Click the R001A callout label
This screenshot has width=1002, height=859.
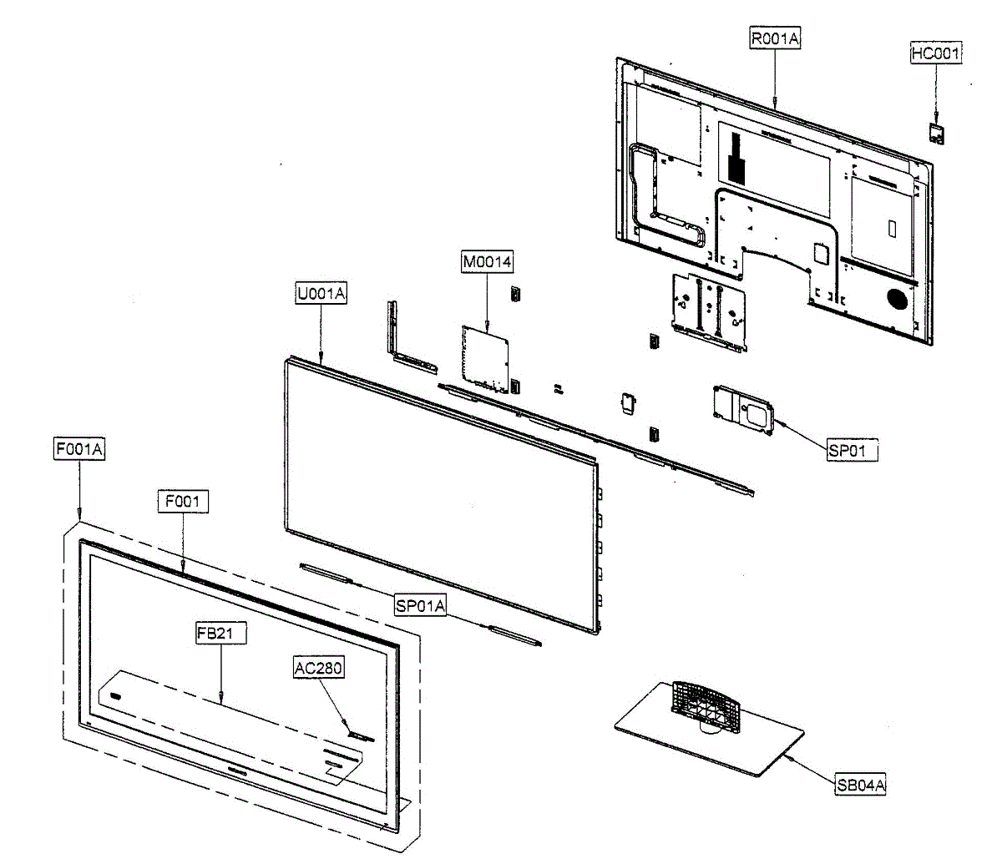[x=775, y=38]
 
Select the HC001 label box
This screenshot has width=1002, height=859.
[x=935, y=53]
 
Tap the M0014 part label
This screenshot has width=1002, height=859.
[x=487, y=262]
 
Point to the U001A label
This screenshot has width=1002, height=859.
[x=321, y=294]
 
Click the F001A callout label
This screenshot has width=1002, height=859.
[x=79, y=449]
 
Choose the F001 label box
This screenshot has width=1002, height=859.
[x=183, y=502]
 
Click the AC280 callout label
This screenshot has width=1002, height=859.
[x=318, y=668]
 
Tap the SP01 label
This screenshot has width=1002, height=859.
[x=848, y=451]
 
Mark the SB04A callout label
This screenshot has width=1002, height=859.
[x=861, y=785]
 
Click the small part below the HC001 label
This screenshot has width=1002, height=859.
[x=937, y=133]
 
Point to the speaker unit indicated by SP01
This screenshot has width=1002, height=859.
[x=744, y=409]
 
